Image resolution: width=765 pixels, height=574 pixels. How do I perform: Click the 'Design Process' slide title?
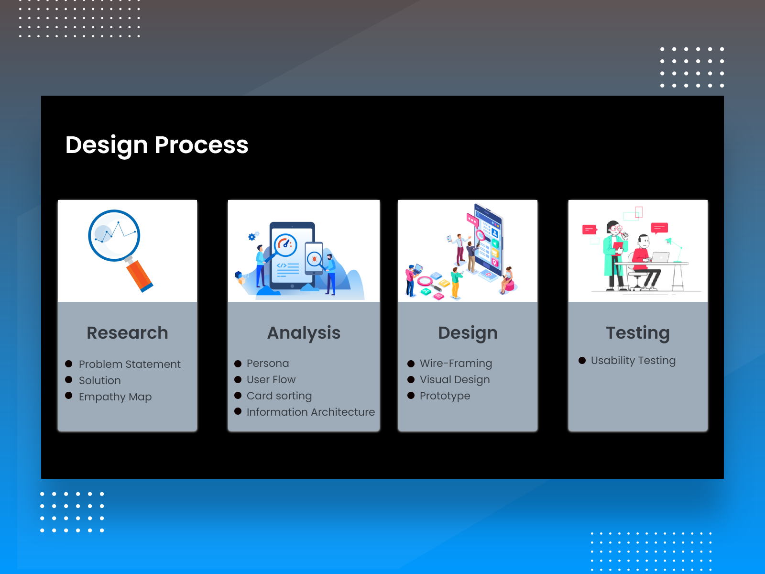[x=157, y=144]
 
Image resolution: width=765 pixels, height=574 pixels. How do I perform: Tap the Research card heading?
[x=127, y=332]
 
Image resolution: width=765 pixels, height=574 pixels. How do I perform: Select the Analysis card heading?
[x=304, y=332]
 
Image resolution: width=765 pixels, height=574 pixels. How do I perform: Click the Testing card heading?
[x=638, y=332]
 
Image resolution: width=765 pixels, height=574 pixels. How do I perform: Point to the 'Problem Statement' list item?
[x=130, y=364]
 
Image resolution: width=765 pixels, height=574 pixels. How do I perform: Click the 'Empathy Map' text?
[x=115, y=397]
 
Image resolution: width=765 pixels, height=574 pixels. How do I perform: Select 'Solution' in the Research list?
[x=100, y=380]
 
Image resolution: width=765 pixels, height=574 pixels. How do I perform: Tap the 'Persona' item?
[x=268, y=363]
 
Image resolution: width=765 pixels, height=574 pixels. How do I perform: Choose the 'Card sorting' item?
[x=279, y=396]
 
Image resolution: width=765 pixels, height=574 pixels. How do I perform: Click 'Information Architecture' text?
[x=311, y=412]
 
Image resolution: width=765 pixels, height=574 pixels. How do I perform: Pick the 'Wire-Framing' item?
[x=456, y=363]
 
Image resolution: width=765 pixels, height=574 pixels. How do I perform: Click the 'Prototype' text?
[x=445, y=396]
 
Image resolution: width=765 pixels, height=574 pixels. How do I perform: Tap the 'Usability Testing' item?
[x=633, y=360]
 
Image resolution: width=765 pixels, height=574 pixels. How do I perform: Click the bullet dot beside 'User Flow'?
[x=238, y=380]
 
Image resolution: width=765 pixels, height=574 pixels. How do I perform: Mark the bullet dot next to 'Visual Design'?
[x=411, y=380]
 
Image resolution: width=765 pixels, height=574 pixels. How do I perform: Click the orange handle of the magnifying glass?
[x=139, y=276]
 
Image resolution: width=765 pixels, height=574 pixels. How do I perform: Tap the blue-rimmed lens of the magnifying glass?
[x=114, y=235]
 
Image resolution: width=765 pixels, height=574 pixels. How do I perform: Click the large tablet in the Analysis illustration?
[x=292, y=256]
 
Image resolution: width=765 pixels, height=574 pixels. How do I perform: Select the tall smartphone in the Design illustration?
[x=489, y=239]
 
